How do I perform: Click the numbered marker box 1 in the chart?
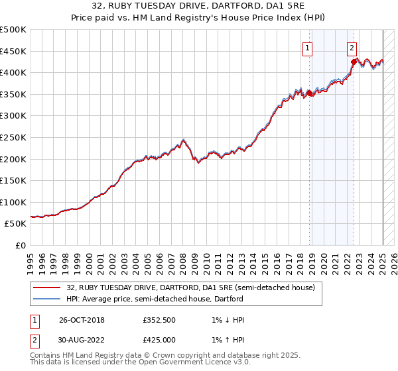tap(308, 48)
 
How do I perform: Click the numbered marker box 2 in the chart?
tap(351, 48)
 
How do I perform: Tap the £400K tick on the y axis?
tap(13, 72)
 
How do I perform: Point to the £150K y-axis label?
tap(13, 180)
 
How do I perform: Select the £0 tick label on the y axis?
tap(21, 245)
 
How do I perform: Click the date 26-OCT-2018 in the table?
tap(82, 319)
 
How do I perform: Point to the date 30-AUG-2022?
tap(83, 339)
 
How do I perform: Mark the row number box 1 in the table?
tap(34, 319)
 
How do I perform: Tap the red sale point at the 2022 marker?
tap(354, 62)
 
